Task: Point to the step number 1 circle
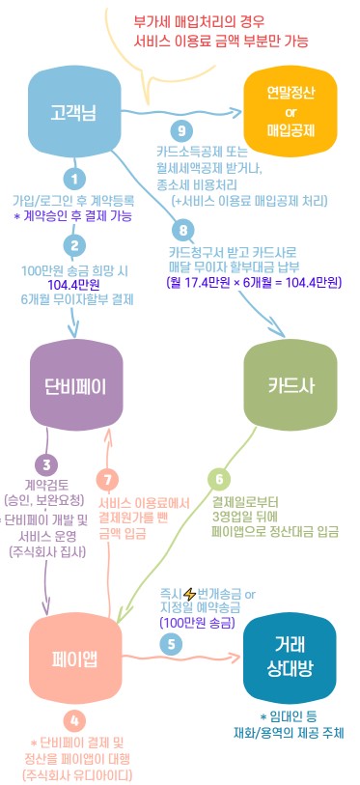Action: pyautogui.click(x=72, y=178)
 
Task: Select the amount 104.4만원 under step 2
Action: pyautogui.click(x=73, y=285)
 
